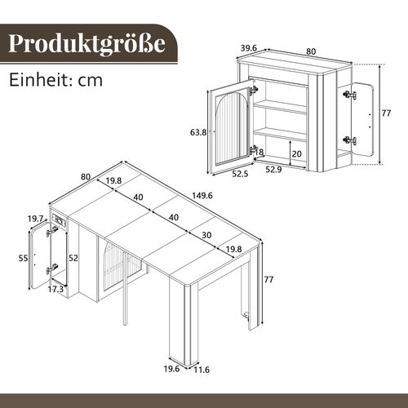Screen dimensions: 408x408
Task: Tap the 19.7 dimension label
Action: (x=34, y=219)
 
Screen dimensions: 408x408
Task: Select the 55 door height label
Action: (x=23, y=258)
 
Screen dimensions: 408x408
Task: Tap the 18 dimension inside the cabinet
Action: (x=260, y=152)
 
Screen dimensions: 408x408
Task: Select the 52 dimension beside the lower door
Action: (x=73, y=257)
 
